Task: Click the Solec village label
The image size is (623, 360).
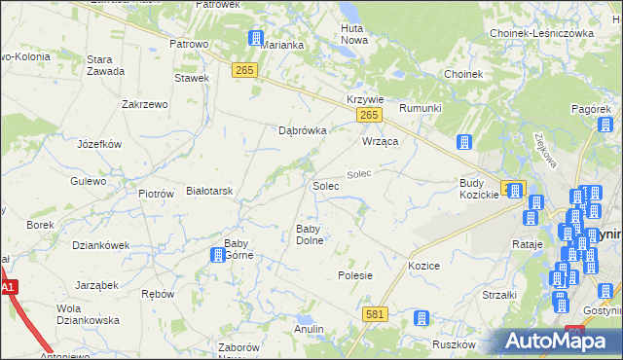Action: [x=325, y=185]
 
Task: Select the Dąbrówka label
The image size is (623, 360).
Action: [x=302, y=129]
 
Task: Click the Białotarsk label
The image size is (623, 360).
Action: [x=209, y=192]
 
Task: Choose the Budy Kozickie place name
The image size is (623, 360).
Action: [x=479, y=189]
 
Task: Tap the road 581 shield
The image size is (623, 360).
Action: [x=377, y=314]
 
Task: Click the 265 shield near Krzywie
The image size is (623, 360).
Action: [x=367, y=116]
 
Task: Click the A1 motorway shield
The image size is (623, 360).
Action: [x=8, y=288]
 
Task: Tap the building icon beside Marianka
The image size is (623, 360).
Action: [x=256, y=39]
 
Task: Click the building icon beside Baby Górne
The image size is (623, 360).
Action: [x=218, y=255]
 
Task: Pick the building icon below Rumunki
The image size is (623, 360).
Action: [x=464, y=142]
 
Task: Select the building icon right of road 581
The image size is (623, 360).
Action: [x=421, y=318]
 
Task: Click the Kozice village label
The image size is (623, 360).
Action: [x=424, y=266]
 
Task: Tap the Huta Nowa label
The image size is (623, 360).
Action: [x=352, y=35]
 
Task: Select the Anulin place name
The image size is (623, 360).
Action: [x=309, y=329]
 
